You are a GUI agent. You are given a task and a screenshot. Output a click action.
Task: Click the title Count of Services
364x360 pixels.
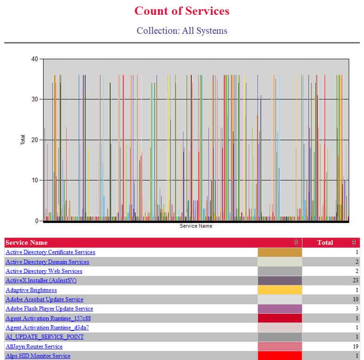(x=182, y=11)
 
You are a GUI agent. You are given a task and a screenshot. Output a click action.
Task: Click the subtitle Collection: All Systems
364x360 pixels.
(x=182, y=31)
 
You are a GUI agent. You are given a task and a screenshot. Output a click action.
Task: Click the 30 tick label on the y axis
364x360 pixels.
(x=35, y=99)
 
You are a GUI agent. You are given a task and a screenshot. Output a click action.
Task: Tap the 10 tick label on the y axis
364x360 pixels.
(x=35, y=180)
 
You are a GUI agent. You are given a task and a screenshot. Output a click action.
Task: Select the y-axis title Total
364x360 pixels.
(x=23, y=140)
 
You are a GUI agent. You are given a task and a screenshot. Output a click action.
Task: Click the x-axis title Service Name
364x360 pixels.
(x=196, y=226)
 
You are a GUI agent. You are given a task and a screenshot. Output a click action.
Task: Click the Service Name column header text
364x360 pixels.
(x=26, y=242)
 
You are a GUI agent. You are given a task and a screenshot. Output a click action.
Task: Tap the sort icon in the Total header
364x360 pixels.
(x=354, y=242)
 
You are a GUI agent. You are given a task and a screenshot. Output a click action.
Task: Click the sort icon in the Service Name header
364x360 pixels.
(x=296, y=242)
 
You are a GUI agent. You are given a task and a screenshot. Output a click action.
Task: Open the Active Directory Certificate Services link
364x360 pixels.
(x=50, y=252)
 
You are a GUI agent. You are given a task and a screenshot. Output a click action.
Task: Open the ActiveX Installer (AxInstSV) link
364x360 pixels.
(x=41, y=280)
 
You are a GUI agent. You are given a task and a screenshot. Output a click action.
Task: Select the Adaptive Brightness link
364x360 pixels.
(x=31, y=290)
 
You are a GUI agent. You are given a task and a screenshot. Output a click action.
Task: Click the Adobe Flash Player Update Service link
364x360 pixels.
(x=49, y=309)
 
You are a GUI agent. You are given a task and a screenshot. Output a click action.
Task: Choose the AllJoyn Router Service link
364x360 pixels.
(x=34, y=347)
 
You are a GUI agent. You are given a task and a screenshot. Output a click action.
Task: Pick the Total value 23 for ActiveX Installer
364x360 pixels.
(x=355, y=280)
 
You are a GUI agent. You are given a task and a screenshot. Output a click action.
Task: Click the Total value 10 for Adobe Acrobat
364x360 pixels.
(x=356, y=299)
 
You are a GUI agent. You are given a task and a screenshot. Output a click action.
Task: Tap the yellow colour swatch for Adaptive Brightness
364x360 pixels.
(x=280, y=290)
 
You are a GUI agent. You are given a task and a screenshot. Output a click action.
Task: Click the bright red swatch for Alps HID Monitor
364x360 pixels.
(x=280, y=355)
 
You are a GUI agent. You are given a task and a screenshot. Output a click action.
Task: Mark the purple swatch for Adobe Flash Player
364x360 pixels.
(x=280, y=309)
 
